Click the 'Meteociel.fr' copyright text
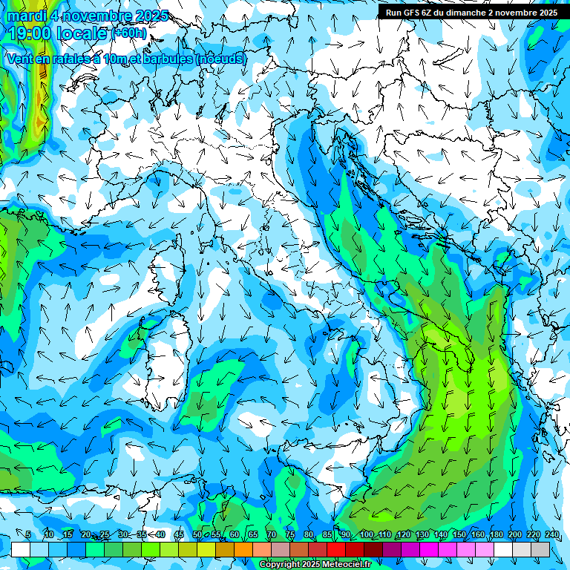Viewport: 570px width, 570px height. pyautogui.click(x=345, y=565)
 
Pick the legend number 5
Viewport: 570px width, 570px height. pyautogui.click(x=28, y=534)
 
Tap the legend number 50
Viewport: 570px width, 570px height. pyautogui.click(x=197, y=534)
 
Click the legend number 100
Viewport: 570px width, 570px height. pyautogui.click(x=366, y=534)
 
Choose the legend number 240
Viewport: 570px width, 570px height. pyautogui.click(x=551, y=534)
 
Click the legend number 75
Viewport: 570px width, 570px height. pyautogui.click(x=290, y=534)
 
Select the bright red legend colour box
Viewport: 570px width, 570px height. pyautogui.click(x=336, y=549)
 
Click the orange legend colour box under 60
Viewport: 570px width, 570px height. pyautogui.click(x=243, y=549)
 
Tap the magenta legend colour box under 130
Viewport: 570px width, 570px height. pyautogui.click(x=429, y=549)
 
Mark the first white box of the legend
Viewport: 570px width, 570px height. pyautogui.click(x=21, y=549)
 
